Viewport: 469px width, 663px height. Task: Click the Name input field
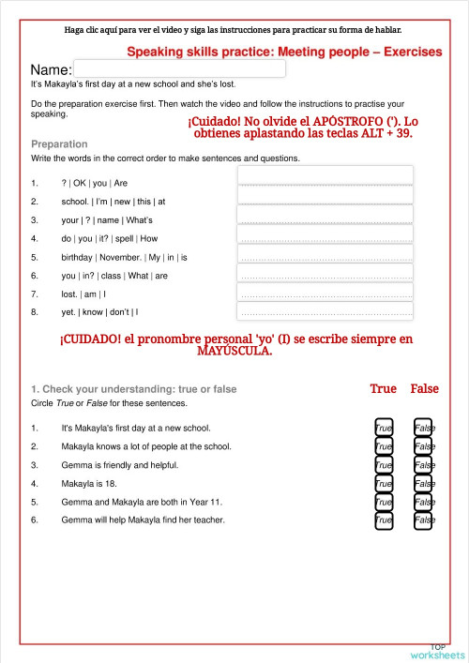click(179, 68)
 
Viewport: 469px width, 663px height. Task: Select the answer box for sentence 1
click(325, 176)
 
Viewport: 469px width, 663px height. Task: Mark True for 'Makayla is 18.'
click(384, 484)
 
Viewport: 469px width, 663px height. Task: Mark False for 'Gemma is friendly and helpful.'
click(423, 465)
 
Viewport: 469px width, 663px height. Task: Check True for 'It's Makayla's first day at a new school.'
click(384, 428)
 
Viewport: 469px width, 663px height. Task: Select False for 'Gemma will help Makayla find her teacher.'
click(423, 520)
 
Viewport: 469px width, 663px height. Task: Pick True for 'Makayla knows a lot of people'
click(384, 446)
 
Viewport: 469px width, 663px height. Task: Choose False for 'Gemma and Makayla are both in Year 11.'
click(423, 502)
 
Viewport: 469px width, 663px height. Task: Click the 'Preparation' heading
click(59, 144)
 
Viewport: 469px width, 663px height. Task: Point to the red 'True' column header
click(383, 388)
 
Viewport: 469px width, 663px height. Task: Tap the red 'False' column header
click(424, 388)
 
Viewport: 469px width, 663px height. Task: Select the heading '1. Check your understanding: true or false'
click(134, 389)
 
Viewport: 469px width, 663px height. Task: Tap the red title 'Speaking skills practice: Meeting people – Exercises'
click(283, 52)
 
